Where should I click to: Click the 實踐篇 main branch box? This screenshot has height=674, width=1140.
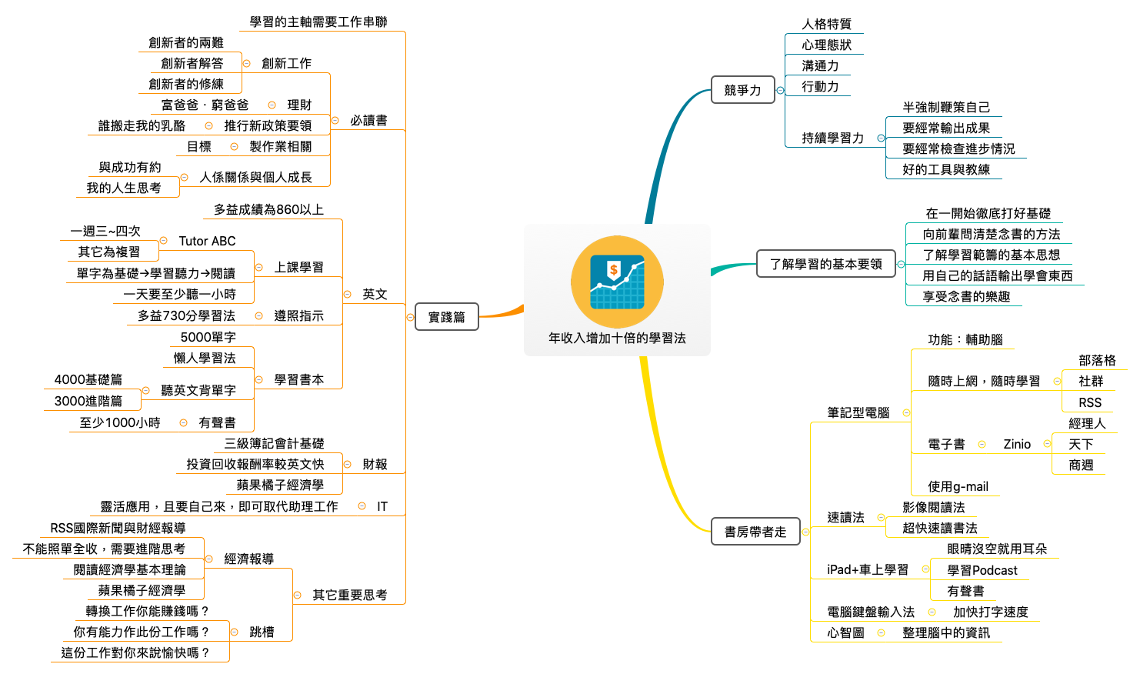[447, 317]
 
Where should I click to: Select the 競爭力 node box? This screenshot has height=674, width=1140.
[742, 90]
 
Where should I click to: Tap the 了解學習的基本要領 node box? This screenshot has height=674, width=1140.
[825, 264]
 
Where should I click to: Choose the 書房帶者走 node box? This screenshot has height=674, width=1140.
[755, 532]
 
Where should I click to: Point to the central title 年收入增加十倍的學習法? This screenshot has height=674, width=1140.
[617, 338]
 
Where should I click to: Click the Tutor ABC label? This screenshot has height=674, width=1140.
[207, 241]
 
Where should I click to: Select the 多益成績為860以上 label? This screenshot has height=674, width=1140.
[268, 209]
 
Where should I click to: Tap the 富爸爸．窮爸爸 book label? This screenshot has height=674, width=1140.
[205, 105]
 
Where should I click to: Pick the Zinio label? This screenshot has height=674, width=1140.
[1017, 444]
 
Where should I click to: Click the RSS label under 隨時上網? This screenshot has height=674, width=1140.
[1090, 402]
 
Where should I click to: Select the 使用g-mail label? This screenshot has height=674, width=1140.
[958, 486]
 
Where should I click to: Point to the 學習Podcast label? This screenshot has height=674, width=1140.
[982, 570]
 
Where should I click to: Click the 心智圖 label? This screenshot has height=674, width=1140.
[845, 632]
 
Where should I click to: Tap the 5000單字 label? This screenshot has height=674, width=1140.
[208, 337]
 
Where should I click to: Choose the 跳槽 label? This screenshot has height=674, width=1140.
[262, 632]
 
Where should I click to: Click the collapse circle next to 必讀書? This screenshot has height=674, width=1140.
[335, 120]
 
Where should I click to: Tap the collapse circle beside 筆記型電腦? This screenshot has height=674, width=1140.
[906, 413]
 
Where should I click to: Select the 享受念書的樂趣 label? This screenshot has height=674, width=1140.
[966, 296]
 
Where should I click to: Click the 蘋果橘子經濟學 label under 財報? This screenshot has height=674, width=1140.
[280, 485]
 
